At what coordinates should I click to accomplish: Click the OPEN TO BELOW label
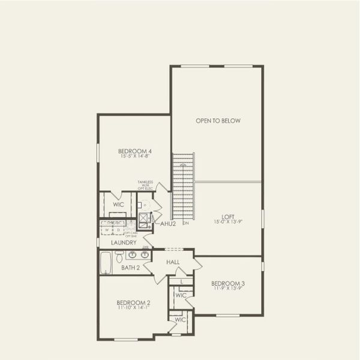point(218,121)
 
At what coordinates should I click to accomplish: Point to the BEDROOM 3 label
point(227,283)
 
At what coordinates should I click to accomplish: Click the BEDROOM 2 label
point(133,302)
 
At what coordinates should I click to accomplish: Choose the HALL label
point(173,262)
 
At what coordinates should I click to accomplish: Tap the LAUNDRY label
point(124,242)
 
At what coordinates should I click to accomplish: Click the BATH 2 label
point(130,268)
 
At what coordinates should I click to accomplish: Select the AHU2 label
point(168,224)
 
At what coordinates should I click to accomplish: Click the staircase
point(184,186)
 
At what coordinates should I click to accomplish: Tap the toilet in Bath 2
point(119,257)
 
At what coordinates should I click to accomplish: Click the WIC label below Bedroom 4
point(118,205)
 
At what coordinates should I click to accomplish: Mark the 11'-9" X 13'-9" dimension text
point(227,289)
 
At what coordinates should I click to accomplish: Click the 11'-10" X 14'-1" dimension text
point(133,308)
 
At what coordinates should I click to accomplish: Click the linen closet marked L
point(182,281)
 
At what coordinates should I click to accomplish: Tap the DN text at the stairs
point(186,223)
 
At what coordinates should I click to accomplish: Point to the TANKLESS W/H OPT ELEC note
point(145,184)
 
